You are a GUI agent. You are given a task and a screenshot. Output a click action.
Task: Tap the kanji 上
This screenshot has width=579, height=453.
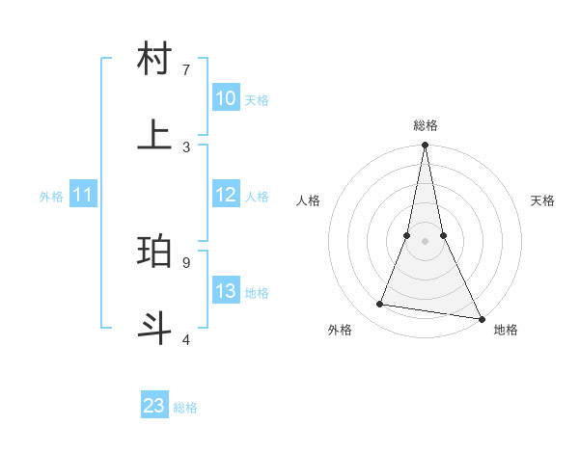(x=155, y=134)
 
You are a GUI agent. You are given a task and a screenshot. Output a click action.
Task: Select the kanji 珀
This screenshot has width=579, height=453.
(x=155, y=251)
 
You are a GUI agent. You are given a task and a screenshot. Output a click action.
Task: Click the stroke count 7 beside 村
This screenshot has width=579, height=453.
(x=186, y=69)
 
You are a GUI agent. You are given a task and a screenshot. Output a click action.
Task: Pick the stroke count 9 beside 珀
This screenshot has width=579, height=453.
(x=186, y=261)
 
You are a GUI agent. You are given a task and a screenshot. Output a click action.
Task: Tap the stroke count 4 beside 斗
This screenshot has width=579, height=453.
(x=186, y=338)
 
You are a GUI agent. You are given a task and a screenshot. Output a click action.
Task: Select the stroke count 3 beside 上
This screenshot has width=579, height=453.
(x=186, y=147)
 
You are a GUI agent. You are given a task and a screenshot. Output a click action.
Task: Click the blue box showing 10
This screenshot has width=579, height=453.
(x=226, y=98)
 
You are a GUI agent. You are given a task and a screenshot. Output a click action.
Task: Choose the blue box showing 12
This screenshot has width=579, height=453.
(x=226, y=195)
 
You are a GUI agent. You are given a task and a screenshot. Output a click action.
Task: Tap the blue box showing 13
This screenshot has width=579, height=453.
(x=226, y=291)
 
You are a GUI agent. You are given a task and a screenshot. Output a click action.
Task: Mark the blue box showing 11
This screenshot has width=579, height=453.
(x=83, y=195)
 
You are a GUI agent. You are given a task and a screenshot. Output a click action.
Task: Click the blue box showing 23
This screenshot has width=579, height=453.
(x=154, y=406)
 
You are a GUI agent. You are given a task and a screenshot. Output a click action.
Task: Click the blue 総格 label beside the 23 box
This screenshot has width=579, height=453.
(x=186, y=408)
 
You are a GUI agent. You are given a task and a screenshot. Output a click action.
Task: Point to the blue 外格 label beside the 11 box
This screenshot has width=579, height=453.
(x=51, y=197)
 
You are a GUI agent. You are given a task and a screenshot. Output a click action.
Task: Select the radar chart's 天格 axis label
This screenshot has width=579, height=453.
(x=543, y=200)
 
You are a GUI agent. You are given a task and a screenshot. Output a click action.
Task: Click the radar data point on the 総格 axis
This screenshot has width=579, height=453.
(x=425, y=146)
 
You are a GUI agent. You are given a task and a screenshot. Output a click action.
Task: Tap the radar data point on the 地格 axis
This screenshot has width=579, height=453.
(x=481, y=318)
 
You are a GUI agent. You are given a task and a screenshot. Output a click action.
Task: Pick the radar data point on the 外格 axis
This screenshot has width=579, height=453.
(x=380, y=305)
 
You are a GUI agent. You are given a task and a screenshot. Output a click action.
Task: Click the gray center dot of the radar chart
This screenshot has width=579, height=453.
(x=425, y=241)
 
